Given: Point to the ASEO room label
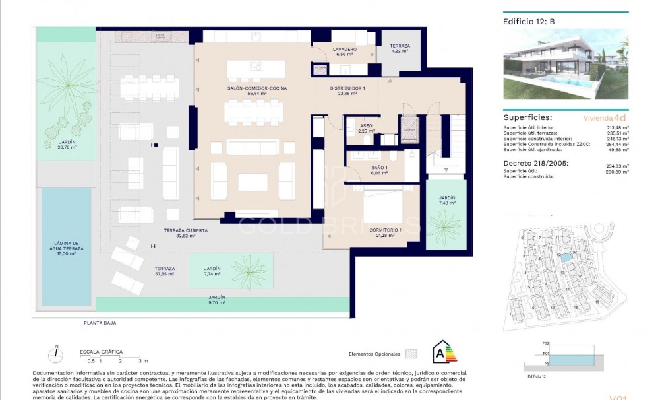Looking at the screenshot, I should coord(367,125).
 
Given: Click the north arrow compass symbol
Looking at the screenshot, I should coord(57,354).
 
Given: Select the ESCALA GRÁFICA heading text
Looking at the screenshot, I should coord(101,352).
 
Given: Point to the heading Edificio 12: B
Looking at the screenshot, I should coord(529,21).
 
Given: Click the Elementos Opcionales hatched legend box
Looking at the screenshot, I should coord(412,353).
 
